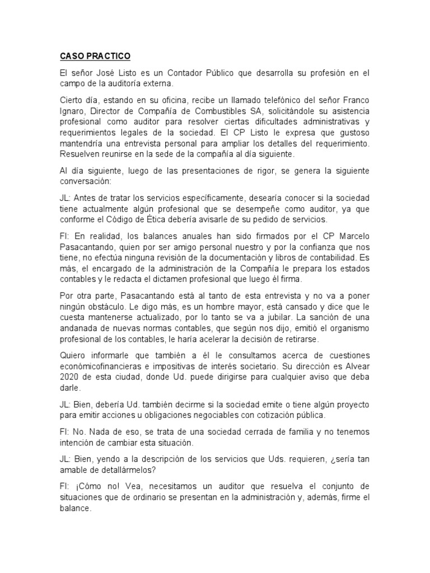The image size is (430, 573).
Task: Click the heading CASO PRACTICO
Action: pyautogui.click(x=95, y=57)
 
